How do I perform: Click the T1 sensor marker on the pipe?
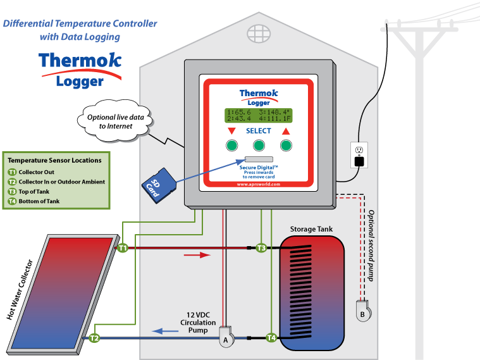pyautogui.click(x=123, y=248)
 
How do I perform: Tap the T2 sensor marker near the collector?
pyautogui.click(x=94, y=338)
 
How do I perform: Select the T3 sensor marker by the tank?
pyautogui.click(x=261, y=248)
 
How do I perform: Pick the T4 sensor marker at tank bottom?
pyautogui.click(x=271, y=338)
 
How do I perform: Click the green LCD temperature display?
pyautogui.click(x=258, y=115)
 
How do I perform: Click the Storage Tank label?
pyautogui.click(x=311, y=228)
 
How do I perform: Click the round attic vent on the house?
pyautogui.click(x=259, y=33)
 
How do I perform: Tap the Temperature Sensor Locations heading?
pyautogui.click(x=54, y=161)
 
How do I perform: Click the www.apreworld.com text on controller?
pyautogui.click(x=258, y=185)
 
